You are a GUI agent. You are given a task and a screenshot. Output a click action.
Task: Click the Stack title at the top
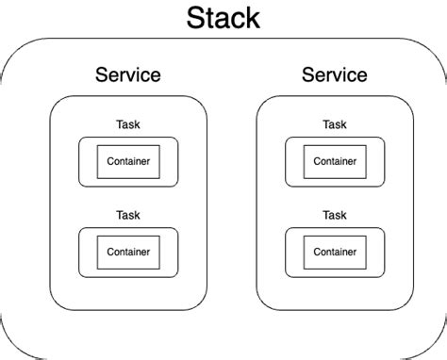pyautogui.click(x=223, y=17)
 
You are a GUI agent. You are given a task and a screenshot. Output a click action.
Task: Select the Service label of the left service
pyautogui.click(x=128, y=74)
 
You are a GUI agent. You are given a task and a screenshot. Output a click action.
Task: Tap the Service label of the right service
pyautogui.click(x=334, y=74)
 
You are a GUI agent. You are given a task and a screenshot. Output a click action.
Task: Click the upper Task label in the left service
pyautogui.click(x=127, y=124)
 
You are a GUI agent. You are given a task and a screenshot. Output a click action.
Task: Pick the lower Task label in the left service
pyautogui.click(x=127, y=215)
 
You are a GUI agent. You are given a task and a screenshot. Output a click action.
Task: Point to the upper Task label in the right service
pyautogui.click(x=334, y=124)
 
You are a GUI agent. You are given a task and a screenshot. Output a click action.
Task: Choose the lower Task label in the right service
pyautogui.click(x=334, y=215)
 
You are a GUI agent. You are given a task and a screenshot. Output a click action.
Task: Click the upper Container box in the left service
pyautogui.click(x=127, y=161)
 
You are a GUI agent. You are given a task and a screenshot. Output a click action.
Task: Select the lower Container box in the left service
pyautogui.click(x=127, y=252)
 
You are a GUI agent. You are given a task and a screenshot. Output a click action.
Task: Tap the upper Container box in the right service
pyautogui.click(x=334, y=161)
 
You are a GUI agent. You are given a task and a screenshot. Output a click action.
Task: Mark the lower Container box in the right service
pyautogui.click(x=334, y=252)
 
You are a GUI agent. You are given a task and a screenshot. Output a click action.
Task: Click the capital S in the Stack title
pyautogui.click(x=196, y=17)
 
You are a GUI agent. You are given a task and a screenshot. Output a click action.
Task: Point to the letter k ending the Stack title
pyautogui.click(x=253, y=17)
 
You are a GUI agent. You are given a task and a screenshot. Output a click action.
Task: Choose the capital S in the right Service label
pyautogui.click(x=306, y=74)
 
